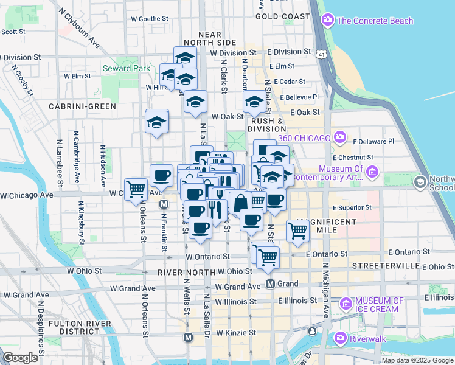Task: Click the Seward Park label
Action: pos(126,68)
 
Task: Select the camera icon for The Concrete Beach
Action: pos(328,21)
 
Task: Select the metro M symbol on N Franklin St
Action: pos(164,205)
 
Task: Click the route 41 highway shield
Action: pos(319,55)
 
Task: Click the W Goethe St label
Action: pos(150,19)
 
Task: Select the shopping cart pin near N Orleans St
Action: pos(136,189)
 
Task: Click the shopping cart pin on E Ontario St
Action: pos(297,230)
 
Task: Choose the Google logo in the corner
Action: pos(21,357)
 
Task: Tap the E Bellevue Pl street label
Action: pos(299,97)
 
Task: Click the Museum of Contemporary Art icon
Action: pos(373,176)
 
